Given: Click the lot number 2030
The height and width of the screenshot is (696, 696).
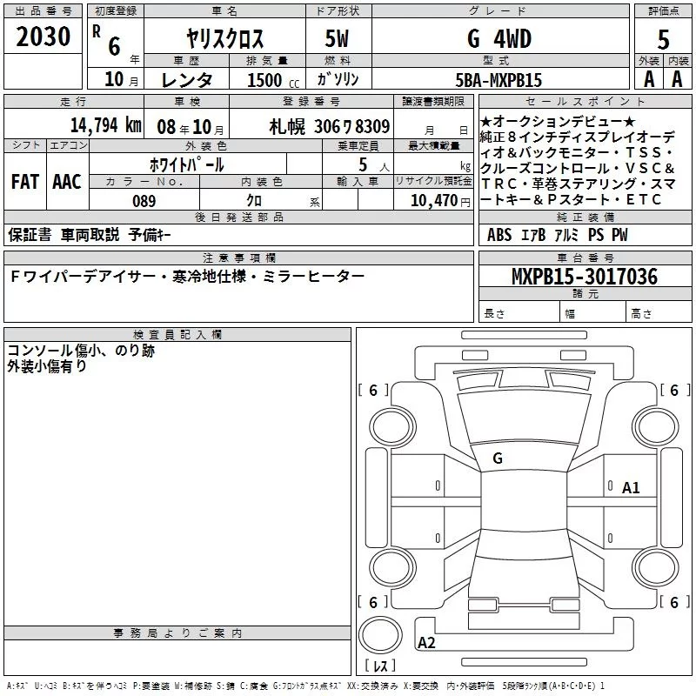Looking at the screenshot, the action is click(x=43, y=37).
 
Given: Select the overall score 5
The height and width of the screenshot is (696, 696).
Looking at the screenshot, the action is click(x=663, y=40).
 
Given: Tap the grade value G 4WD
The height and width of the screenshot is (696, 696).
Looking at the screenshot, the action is click(x=499, y=38).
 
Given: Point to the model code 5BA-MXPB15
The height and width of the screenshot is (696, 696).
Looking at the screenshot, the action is click(x=499, y=80).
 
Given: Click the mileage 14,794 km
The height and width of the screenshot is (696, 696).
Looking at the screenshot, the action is click(x=105, y=125).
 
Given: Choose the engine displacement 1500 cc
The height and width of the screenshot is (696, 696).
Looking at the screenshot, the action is click(x=273, y=80).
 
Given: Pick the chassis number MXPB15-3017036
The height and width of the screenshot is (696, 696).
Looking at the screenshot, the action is click(x=585, y=277).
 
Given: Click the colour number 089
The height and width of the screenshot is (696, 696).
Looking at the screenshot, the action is click(x=144, y=201).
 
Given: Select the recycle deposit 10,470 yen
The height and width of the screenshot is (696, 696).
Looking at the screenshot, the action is click(x=440, y=201).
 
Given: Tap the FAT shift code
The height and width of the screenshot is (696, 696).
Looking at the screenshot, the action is click(x=25, y=182).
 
